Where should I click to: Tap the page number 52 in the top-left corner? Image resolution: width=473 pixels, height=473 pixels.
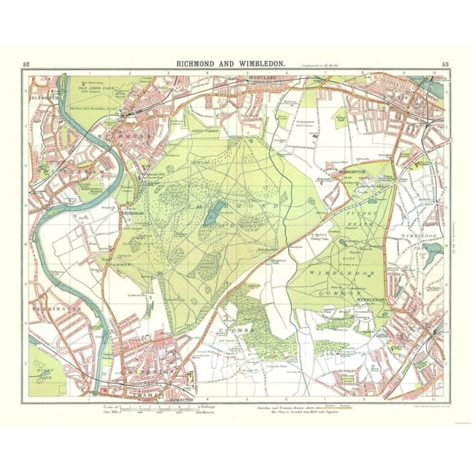(26, 64)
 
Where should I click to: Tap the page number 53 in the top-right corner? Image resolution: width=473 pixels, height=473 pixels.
(445, 64)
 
